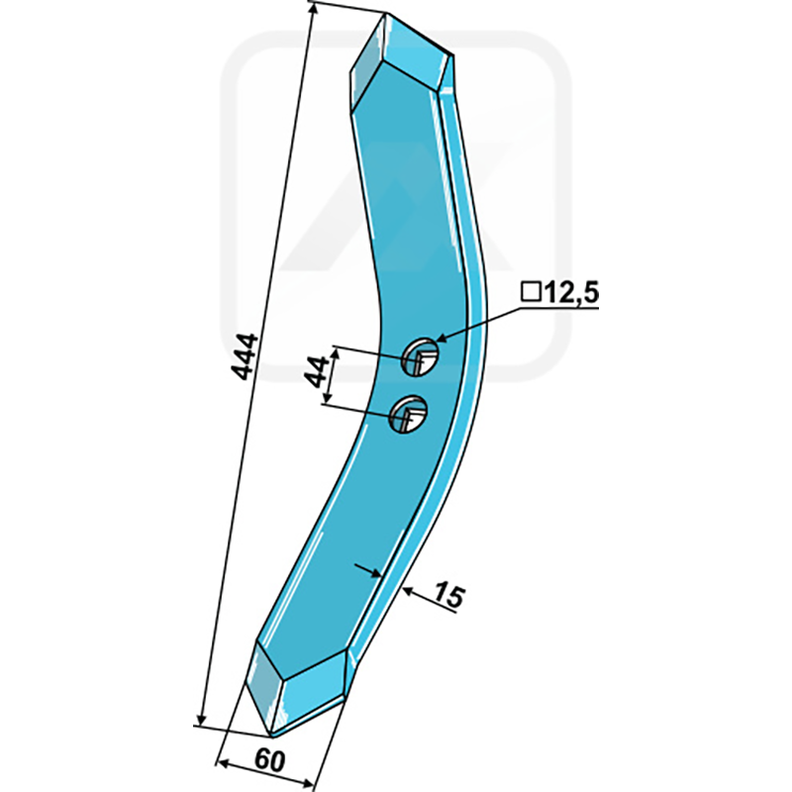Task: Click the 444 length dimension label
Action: (x=244, y=355)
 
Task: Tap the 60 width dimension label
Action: (x=269, y=760)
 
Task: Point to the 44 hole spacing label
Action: (x=318, y=371)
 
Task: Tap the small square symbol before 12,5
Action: (x=531, y=292)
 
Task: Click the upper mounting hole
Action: (x=420, y=357)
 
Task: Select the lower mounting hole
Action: (x=408, y=413)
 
